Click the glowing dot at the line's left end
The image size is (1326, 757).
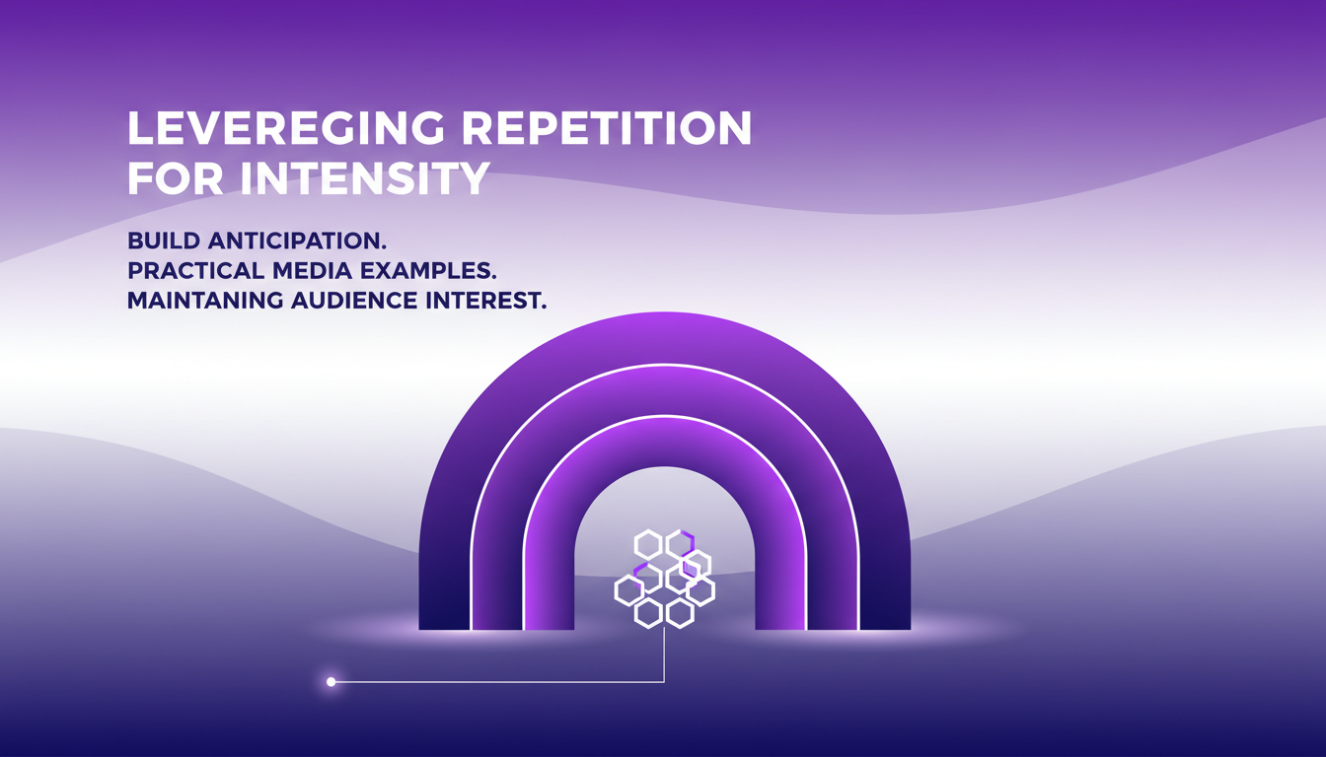331,681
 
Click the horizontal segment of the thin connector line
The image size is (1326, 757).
493,681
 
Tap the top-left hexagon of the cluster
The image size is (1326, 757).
647,543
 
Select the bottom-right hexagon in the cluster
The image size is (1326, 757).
679,613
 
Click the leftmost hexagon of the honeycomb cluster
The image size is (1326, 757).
628,590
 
